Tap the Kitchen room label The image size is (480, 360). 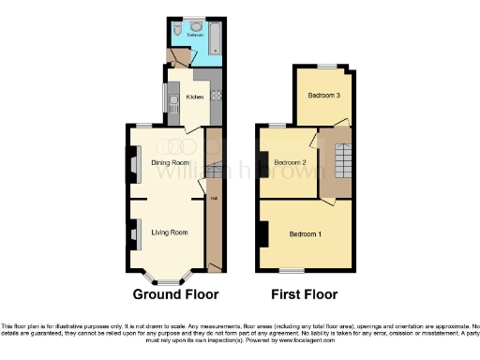[x=195, y=97]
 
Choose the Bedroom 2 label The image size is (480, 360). [x=291, y=162]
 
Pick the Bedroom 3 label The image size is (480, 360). [x=324, y=95]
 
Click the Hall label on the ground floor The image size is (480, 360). [x=213, y=198]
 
